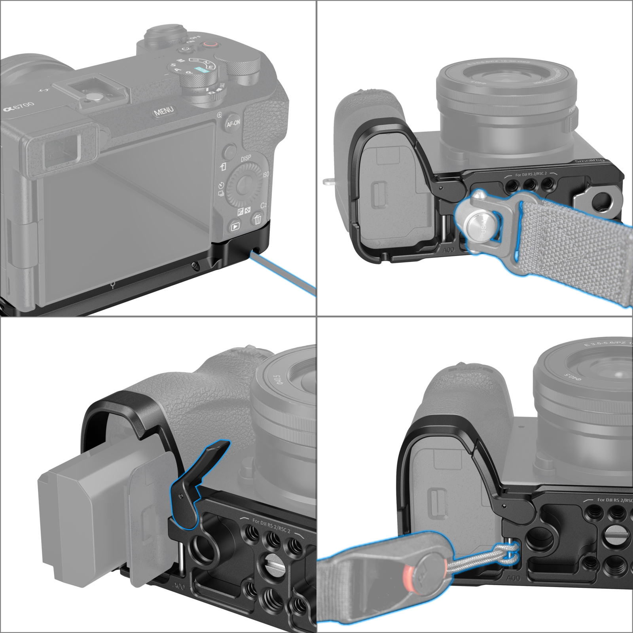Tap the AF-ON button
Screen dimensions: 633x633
pos(233,123)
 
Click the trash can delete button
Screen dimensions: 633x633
pos(258,218)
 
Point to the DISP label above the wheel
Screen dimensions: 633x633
pos(246,158)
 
